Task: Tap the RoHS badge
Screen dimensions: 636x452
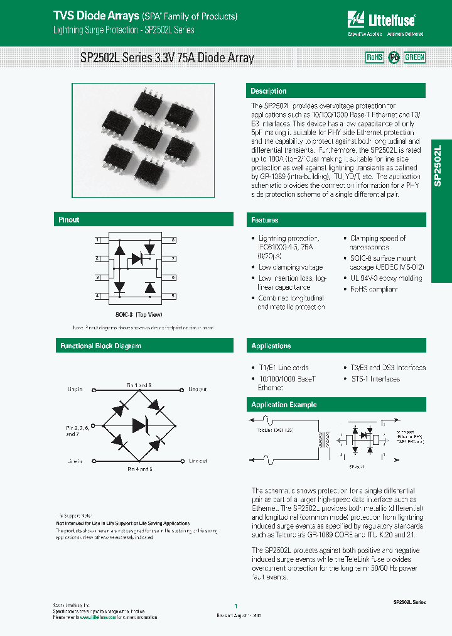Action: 375,57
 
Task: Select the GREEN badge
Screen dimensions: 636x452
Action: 414,57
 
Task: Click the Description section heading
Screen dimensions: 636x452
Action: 269,91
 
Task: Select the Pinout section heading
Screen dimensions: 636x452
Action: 69,220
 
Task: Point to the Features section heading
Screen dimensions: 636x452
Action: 265,220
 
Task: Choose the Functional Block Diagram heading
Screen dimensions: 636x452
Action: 100,346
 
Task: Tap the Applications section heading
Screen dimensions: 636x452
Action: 271,346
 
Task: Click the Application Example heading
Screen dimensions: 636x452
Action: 284,405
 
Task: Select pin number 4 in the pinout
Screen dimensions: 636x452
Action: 97,295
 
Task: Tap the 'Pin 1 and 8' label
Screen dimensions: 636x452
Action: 139,385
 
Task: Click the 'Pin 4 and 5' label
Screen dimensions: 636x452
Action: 139,469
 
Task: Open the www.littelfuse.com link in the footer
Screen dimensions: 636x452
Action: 98,617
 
